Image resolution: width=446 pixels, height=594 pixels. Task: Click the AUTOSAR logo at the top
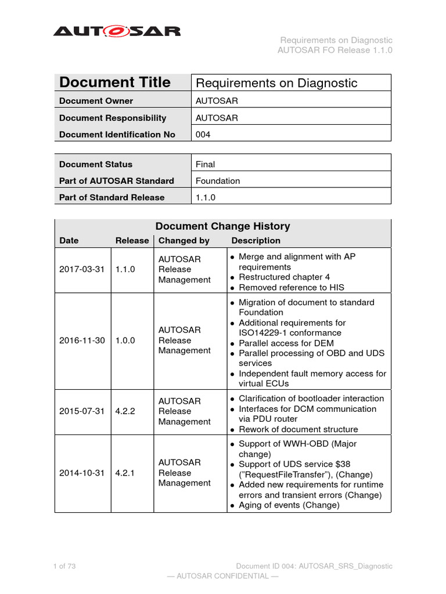point(117,31)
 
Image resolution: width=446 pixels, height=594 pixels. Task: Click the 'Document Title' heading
point(115,82)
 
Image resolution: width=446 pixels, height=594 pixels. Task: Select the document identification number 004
point(203,135)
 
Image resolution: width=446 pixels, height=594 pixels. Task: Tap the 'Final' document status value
point(206,164)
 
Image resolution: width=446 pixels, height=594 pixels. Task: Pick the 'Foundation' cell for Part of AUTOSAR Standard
point(218,181)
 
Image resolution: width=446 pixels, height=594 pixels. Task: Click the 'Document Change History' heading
point(223,226)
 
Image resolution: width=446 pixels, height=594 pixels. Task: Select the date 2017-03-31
point(82,270)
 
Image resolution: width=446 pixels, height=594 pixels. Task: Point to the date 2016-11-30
point(82,341)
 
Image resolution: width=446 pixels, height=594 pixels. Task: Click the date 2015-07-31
point(82,411)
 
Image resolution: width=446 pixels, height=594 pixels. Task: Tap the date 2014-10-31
point(82,473)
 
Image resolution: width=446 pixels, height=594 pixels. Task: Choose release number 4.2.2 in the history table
point(124,411)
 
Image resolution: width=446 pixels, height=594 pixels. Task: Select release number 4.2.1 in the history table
point(124,473)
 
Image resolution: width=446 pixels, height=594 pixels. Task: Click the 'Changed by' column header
point(184,241)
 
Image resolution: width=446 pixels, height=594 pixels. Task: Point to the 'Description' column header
point(256,241)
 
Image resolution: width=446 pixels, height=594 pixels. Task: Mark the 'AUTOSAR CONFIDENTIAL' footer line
point(222,576)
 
